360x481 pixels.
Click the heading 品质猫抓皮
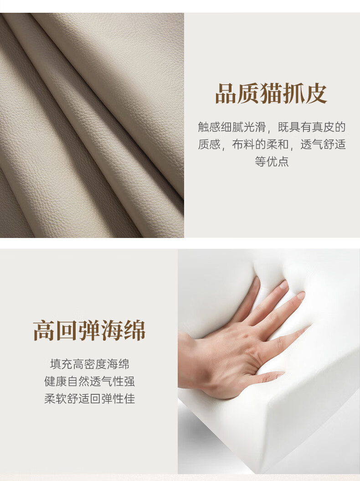[271, 93]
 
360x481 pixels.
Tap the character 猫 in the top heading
[271, 93]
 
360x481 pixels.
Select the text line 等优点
[272, 161]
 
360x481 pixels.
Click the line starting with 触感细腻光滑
[272, 127]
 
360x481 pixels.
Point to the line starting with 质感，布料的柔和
[272, 144]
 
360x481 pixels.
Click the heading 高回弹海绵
[89, 331]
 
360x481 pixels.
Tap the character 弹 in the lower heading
[89, 331]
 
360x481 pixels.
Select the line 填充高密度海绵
[89, 364]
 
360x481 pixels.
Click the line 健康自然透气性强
[89, 381]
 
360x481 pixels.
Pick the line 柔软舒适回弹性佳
[89, 398]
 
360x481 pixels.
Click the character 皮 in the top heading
[316, 93]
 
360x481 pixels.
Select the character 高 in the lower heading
[44, 331]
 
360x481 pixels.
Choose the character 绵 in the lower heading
[134, 331]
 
